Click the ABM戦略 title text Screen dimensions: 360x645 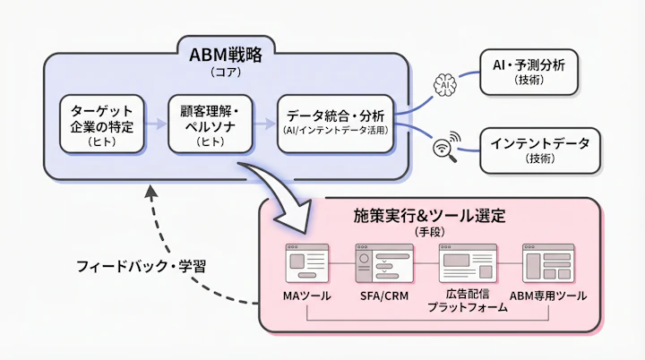pos(225,55)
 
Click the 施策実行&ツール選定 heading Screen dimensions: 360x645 pos(429,216)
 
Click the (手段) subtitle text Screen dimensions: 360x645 pos(429,232)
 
